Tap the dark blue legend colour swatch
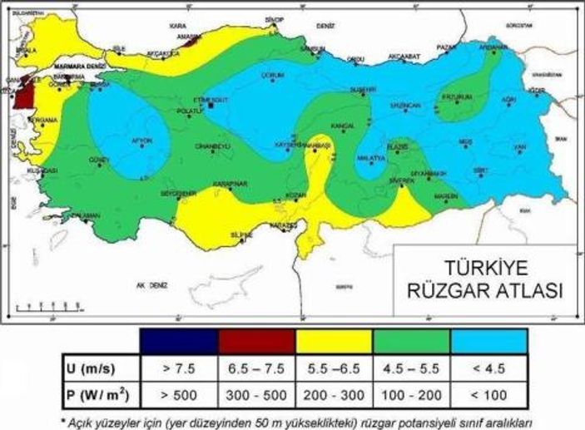click(180, 342)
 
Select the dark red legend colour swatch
click(256, 342)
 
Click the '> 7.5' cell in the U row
click(180, 365)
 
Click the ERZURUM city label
click(457, 97)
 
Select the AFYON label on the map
click(142, 141)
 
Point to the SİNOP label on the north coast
click(274, 19)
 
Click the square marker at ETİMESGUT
click(212, 106)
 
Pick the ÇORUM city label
click(273, 74)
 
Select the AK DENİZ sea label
click(152, 284)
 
